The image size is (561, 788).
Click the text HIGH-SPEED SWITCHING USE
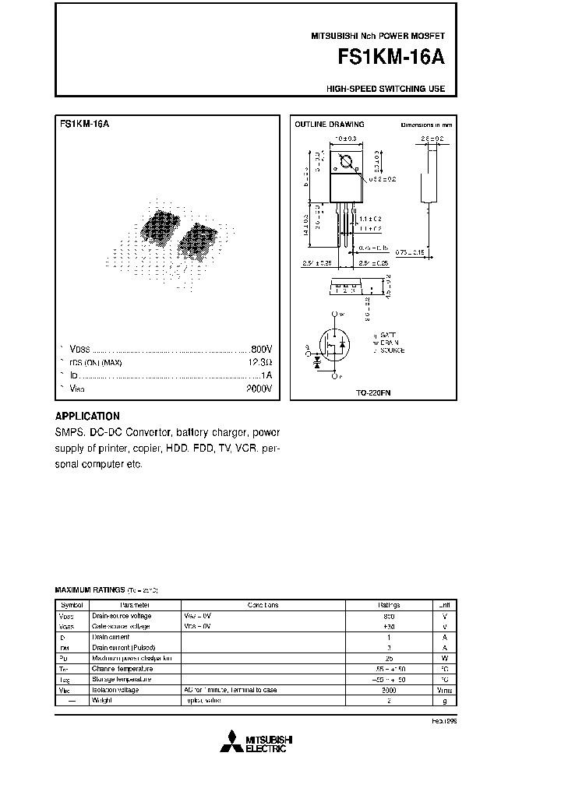point(386,89)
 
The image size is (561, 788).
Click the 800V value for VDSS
point(261,349)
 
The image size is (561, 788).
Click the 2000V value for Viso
point(259,389)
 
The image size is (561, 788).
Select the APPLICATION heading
point(87,417)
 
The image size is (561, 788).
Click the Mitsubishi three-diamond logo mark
point(231,742)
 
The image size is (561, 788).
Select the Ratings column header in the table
point(390,605)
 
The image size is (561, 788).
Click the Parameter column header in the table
point(129,605)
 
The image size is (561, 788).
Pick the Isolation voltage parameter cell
point(115,690)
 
